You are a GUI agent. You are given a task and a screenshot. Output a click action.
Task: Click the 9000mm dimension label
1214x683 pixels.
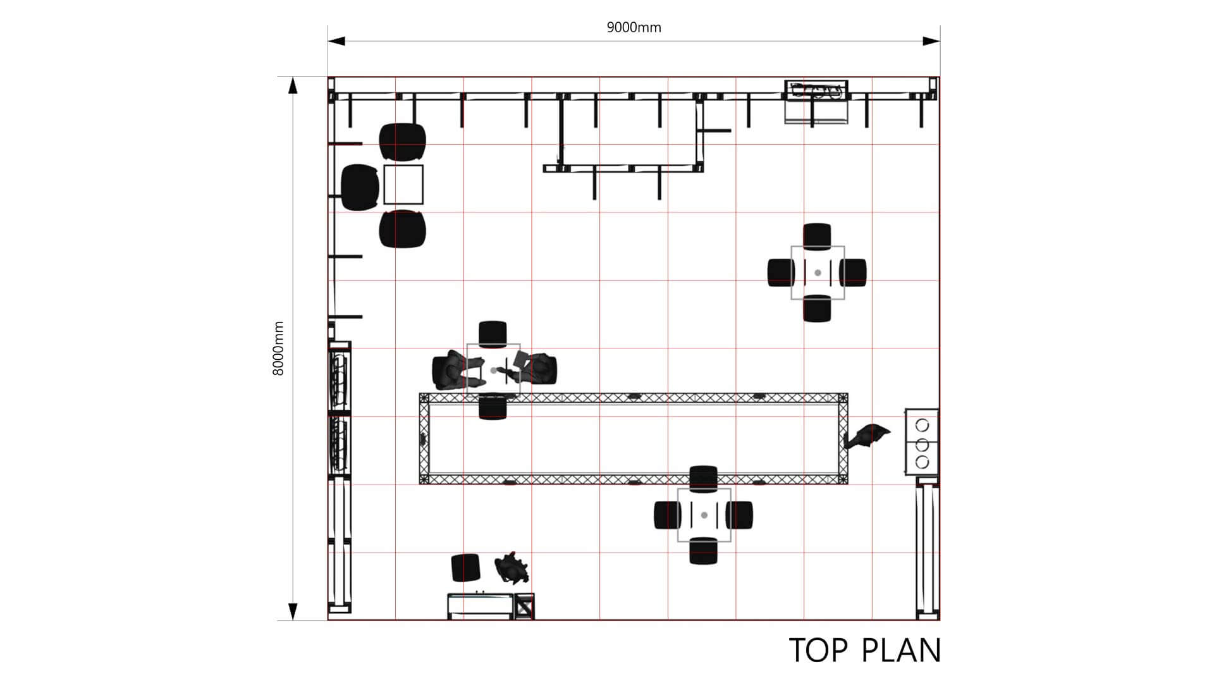634,27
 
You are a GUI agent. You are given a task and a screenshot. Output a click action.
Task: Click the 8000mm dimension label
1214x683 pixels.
278,348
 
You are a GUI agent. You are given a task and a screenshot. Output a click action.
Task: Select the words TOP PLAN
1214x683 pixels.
865,650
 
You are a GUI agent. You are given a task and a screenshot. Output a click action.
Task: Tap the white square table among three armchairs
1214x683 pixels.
403,184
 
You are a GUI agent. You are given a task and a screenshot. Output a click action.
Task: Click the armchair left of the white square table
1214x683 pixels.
360,187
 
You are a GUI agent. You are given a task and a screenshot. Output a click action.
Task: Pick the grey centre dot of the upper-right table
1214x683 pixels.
818,273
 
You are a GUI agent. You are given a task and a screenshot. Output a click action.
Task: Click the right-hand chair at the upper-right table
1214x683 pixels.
854,273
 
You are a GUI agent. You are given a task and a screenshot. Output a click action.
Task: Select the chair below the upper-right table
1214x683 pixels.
817,309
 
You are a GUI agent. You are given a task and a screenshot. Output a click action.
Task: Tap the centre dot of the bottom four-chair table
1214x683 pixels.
704,515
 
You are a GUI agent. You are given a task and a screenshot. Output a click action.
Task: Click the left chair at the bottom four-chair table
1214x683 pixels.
668,515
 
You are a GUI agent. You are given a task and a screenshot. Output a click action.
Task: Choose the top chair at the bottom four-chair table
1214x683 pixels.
704,479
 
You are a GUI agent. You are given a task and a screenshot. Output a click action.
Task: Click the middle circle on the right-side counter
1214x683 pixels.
922,443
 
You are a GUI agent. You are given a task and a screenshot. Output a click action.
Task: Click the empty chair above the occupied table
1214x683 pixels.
493,334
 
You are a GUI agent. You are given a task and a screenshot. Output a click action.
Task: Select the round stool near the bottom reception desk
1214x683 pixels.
465,567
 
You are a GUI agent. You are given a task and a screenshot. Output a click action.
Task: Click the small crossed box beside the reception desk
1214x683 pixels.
524,606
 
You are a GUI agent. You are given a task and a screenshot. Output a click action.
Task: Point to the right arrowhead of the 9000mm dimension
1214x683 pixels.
931,41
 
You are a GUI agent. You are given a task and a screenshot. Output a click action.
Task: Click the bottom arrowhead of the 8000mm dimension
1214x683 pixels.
293,612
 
